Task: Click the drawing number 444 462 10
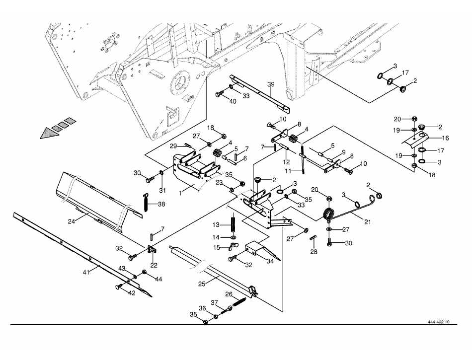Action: (438, 322)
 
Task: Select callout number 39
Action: (271, 84)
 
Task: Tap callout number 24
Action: (71, 221)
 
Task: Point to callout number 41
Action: (86, 273)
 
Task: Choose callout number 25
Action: (202, 284)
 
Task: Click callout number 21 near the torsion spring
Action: (368, 222)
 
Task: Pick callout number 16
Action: (445, 138)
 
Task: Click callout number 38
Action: (161, 204)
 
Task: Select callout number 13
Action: (216, 225)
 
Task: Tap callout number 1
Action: (180, 193)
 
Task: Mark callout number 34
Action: (270, 261)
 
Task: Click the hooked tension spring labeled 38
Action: (146, 202)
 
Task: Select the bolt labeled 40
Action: (219, 94)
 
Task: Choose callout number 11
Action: (288, 171)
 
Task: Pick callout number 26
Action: (229, 294)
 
